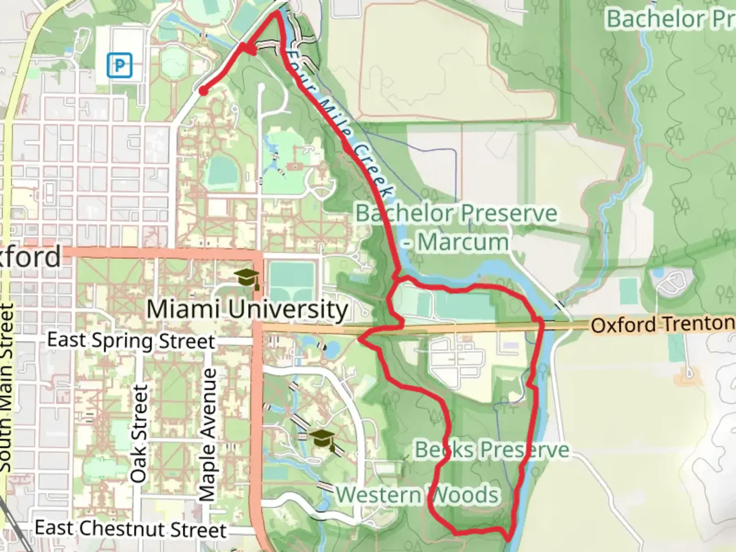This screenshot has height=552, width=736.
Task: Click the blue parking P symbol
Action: point(120,65)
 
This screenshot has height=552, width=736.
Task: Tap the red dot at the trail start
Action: point(203,91)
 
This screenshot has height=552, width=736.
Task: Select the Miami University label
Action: point(247,310)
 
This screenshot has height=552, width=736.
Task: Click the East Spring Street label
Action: point(131,340)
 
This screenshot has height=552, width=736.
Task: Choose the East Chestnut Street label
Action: point(130,528)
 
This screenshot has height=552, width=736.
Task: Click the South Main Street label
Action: point(6,388)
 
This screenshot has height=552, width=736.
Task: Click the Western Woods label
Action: point(417,495)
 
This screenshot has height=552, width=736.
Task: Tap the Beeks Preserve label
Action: point(492,450)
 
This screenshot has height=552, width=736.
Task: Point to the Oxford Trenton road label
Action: point(662,324)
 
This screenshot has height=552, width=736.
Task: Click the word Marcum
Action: point(463,242)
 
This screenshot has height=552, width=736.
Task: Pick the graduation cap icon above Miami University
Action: point(247,278)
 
